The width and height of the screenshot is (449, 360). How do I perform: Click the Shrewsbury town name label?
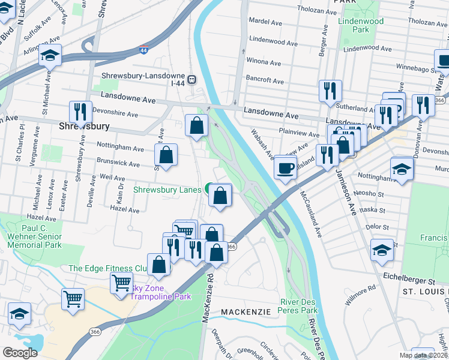click(x=85, y=127)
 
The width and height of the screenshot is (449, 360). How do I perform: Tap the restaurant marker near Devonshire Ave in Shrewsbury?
click(x=79, y=112)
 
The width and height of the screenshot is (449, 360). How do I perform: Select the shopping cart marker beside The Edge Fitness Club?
click(x=121, y=282)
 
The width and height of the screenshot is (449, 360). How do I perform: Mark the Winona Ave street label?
click(x=264, y=62)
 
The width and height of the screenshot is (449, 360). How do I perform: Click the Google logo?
click(x=20, y=352)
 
